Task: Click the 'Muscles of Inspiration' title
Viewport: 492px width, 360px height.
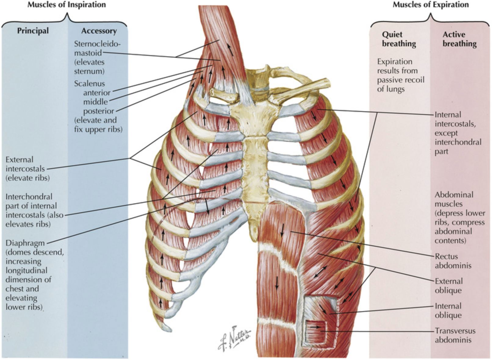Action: click(x=67, y=5)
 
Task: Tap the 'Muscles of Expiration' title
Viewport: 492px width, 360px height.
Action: click(x=430, y=5)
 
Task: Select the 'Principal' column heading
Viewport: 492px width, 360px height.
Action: click(x=33, y=31)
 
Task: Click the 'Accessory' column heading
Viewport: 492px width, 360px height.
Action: click(x=99, y=31)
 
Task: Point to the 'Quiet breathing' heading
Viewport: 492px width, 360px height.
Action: click(x=399, y=39)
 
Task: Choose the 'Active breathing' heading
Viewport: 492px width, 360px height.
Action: click(x=459, y=39)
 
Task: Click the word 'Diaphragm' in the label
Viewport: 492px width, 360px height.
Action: click(x=25, y=243)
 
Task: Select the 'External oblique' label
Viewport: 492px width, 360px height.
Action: click(x=448, y=286)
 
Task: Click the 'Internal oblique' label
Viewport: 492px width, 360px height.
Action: click(x=448, y=311)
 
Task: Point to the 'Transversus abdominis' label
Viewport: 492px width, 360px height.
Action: click(x=455, y=335)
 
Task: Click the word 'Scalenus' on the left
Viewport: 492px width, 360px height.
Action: click(x=89, y=84)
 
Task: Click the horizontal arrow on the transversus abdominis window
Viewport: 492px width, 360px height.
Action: click(x=317, y=327)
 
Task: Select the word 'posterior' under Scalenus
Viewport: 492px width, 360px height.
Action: click(x=99, y=111)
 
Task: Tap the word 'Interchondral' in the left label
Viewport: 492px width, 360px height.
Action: click(x=29, y=197)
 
